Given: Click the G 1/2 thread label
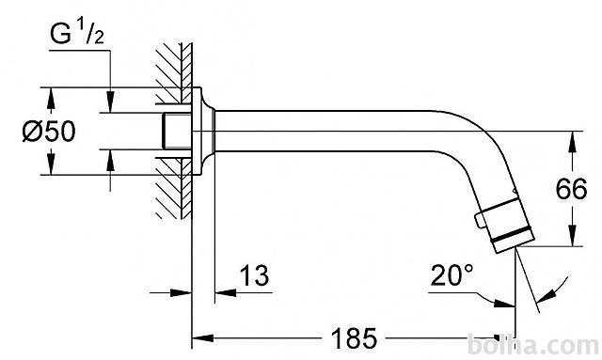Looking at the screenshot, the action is click(x=77, y=34).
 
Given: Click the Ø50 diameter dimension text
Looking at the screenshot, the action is click(x=49, y=132).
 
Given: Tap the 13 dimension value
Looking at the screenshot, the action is click(x=254, y=274).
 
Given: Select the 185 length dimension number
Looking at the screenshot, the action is click(x=354, y=338).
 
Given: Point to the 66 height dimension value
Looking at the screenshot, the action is click(x=572, y=188).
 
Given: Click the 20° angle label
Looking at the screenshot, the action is click(x=451, y=274).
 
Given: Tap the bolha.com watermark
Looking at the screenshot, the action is click(x=533, y=346).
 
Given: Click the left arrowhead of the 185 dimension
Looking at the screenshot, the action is click(x=202, y=338).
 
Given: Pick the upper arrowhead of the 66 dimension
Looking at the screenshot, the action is click(x=572, y=142).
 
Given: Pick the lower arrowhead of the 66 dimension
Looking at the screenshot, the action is click(x=572, y=235).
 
